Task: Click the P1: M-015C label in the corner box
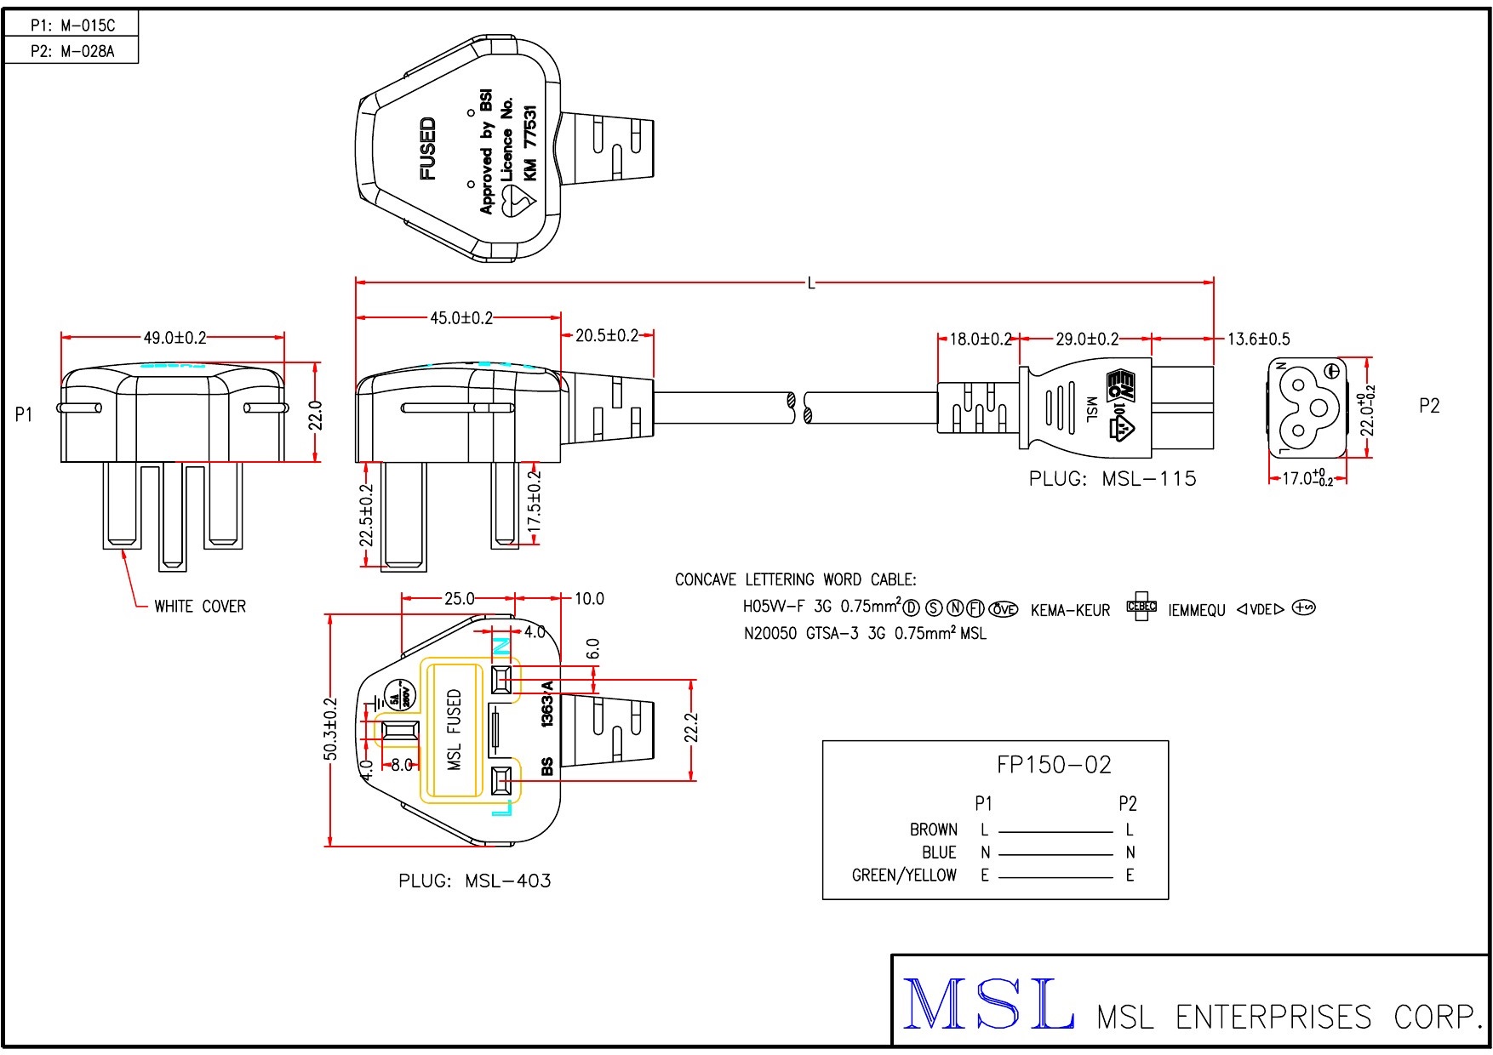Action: (x=72, y=26)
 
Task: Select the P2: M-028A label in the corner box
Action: (x=72, y=51)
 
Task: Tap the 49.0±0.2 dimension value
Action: (x=174, y=338)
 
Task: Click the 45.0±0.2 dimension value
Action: (x=461, y=318)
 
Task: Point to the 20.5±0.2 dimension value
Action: (x=607, y=336)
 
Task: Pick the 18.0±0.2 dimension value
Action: (x=981, y=339)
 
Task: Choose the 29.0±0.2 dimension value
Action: (x=1087, y=339)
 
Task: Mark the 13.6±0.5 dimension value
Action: (x=1258, y=339)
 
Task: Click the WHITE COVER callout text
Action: (x=200, y=607)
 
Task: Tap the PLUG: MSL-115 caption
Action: (x=1113, y=479)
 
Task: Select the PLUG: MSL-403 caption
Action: (x=475, y=881)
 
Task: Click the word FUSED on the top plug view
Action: (x=428, y=149)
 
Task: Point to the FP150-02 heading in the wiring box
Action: (x=1054, y=765)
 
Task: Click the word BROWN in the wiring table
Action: (x=934, y=830)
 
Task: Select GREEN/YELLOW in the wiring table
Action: (x=904, y=875)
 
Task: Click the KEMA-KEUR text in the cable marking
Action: (x=1070, y=611)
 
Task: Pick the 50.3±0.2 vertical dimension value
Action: (x=331, y=729)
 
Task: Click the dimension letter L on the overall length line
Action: (x=811, y=282)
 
